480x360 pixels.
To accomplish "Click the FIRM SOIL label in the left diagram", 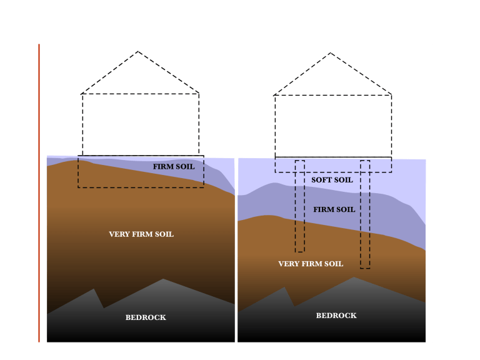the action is point(174,167).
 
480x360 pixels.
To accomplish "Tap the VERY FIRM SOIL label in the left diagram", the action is point(141,234).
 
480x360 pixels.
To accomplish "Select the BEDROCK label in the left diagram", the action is point(146,317).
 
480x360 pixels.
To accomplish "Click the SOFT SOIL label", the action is point(332,180).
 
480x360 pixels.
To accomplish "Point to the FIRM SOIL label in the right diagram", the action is point(334,210).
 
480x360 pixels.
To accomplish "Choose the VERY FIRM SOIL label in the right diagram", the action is point(311,264).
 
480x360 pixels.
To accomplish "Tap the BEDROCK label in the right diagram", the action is point(336,316).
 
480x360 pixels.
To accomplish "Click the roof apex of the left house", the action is point(137,51).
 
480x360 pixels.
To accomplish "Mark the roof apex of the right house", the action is point(330,53).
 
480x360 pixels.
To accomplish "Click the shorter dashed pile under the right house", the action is point(300,206).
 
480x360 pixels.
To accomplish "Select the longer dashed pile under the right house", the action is point(365,214).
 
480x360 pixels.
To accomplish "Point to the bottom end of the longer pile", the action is point(365,269).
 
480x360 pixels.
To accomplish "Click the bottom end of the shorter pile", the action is point(300,252).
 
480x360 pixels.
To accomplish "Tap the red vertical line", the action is point(39,193).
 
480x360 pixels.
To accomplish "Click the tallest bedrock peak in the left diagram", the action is point(163,279).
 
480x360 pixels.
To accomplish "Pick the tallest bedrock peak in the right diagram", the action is point(354,277).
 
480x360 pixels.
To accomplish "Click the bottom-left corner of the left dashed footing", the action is point(78,187).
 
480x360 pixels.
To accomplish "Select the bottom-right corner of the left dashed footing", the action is point(204,187).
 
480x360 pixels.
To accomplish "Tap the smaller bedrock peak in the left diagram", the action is point(94,289).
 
